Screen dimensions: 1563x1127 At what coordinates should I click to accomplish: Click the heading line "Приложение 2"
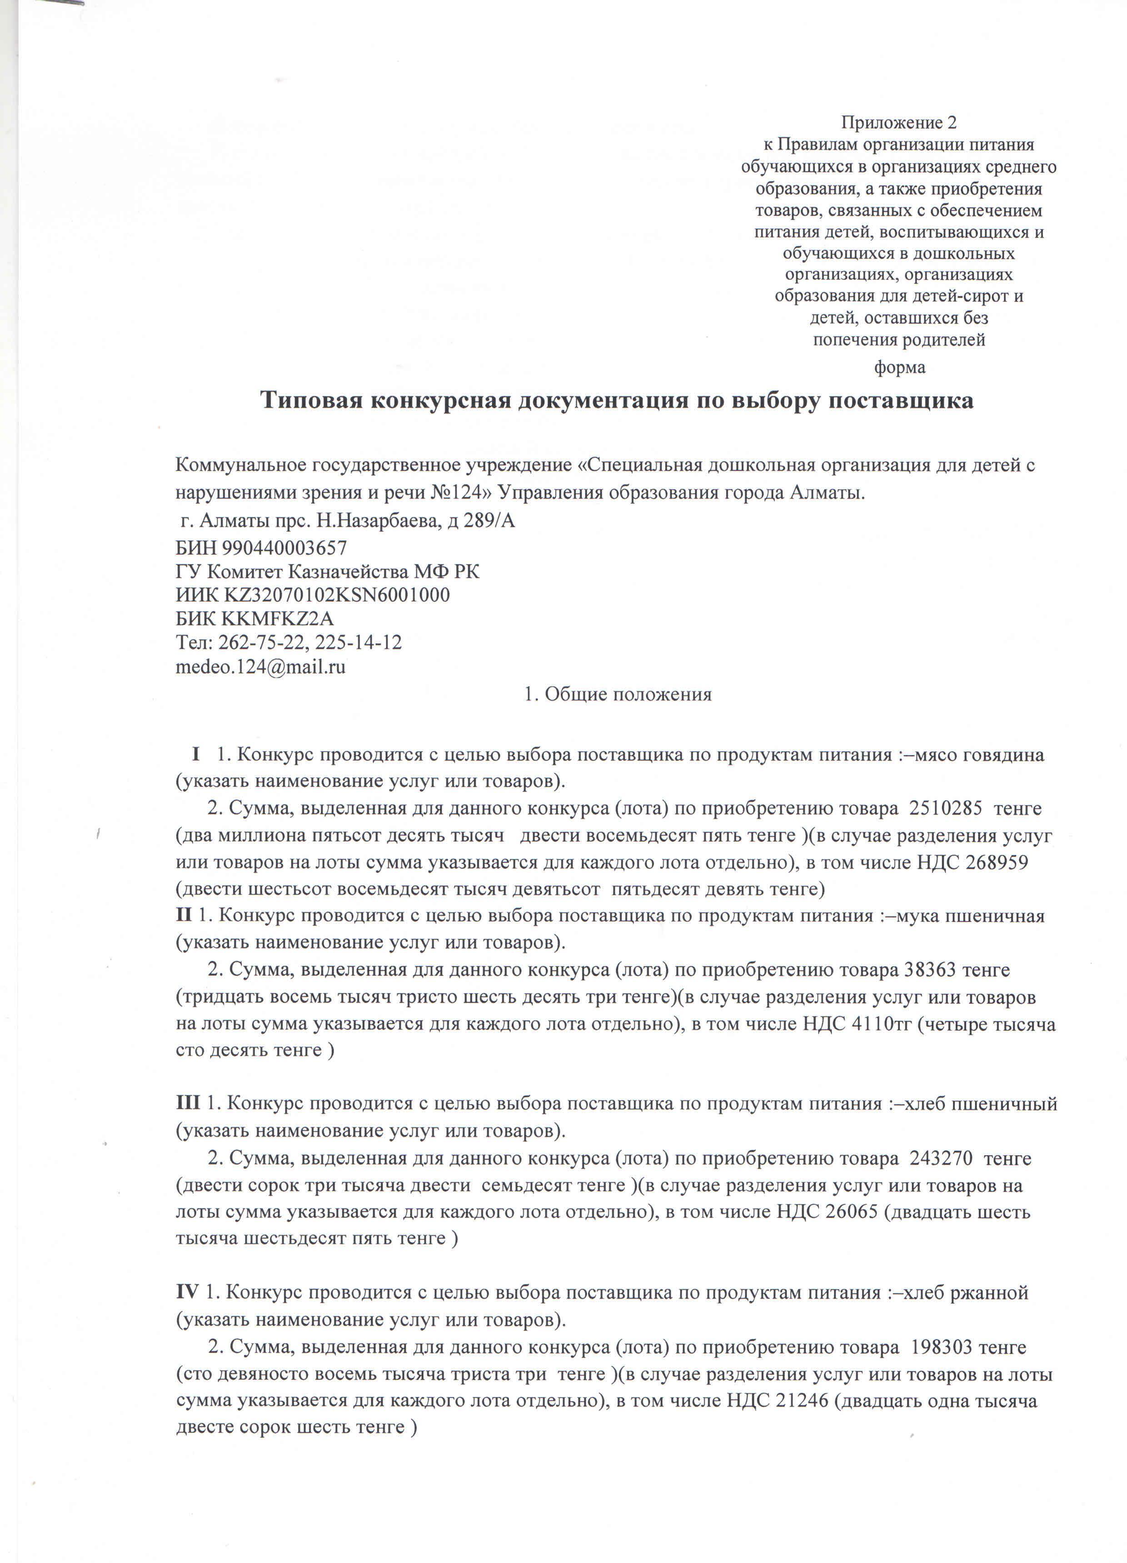[x=898, y=123]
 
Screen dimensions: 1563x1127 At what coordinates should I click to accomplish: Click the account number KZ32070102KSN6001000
[x=337, y=595]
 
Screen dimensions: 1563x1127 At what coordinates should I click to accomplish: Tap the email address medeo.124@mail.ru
[x=260, y=666]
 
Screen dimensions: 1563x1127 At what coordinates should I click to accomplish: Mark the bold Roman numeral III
[x=188, y=1103]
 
